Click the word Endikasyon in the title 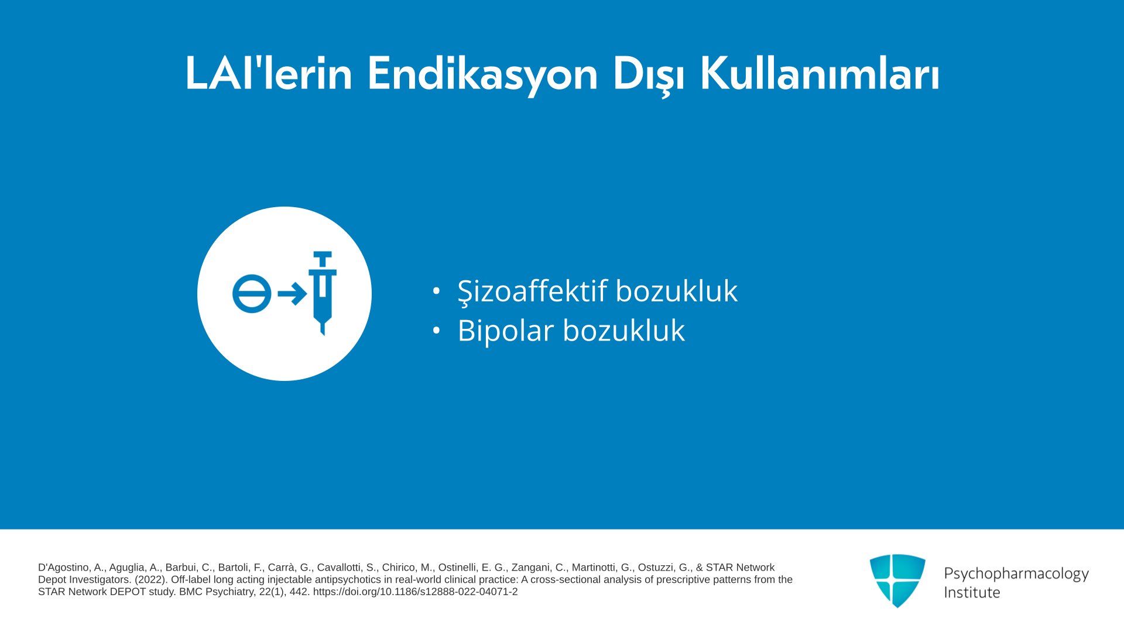click(x=482, y=74)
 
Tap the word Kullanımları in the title click(x=820, y=74)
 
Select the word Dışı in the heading click(x=649, y=75)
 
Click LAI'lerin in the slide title click(x=269, y=74)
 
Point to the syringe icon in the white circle click(x=322, y=293)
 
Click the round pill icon click(x=252, y=294)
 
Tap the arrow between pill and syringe click(x=292, y=294)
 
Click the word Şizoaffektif click(x=532, y=291)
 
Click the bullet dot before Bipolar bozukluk click(x=436, y=330)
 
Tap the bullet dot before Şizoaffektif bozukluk click(x=436, y=290)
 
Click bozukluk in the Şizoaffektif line click(x=677, y=290)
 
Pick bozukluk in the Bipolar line click(x=624, y=330)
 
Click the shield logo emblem click(x=897, y=581)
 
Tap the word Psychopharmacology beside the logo click(x=1016, y=574)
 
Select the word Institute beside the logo click(x=972, y=592)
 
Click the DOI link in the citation click(x=416, y=592)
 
